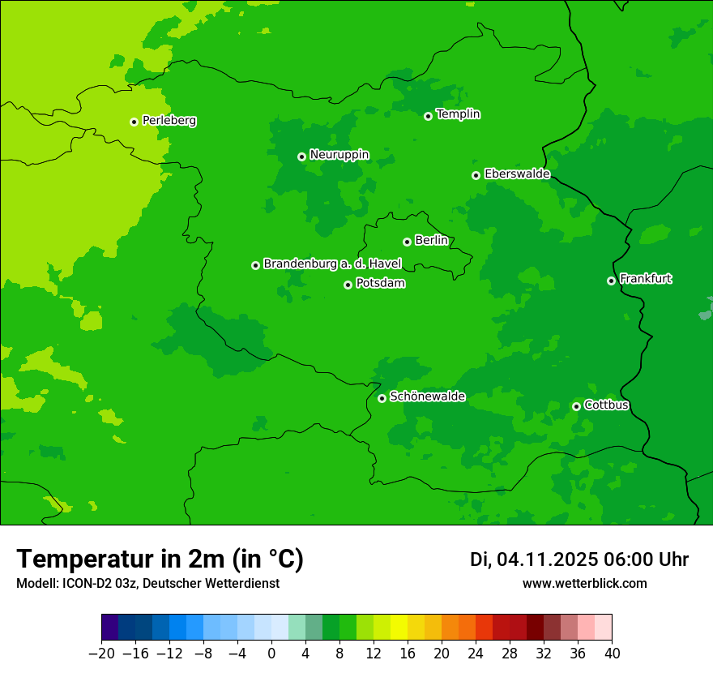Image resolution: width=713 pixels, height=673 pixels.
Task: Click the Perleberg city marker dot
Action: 134,122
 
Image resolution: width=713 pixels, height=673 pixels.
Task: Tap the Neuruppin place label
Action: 339,155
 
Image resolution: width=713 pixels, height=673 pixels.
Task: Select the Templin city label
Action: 458,114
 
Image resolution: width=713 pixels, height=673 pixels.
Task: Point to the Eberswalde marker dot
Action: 476,175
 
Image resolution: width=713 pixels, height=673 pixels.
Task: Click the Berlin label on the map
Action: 431,241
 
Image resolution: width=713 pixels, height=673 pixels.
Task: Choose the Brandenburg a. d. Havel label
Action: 332,264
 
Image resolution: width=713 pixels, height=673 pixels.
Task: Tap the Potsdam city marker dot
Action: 348,285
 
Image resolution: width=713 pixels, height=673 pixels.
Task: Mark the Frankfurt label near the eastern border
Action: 646,279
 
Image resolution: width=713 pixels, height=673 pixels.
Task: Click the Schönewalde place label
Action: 427,397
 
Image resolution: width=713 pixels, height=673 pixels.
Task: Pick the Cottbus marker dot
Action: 576,406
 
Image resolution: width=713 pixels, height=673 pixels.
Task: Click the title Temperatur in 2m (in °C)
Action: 160,559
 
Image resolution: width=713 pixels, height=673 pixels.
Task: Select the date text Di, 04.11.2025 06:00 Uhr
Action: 579,559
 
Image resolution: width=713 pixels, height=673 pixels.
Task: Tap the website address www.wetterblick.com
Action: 584,583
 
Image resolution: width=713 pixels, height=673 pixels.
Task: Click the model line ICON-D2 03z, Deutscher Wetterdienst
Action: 147,583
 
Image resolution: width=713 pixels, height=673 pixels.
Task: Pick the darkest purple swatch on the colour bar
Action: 110,628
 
